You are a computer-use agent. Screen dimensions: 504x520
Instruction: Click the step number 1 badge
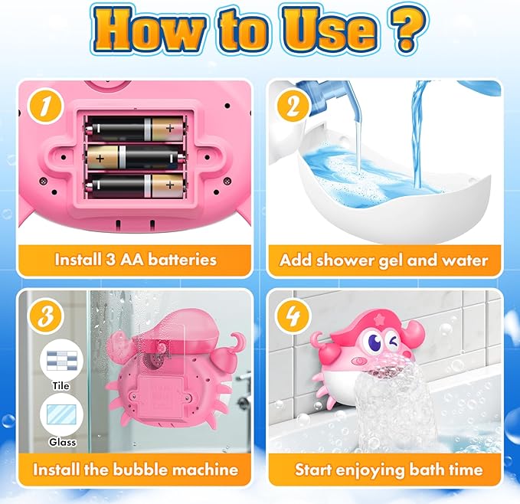point(44,107)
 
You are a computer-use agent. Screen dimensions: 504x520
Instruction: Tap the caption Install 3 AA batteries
point(136,260)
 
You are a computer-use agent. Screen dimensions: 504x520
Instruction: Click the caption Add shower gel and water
point(384,260)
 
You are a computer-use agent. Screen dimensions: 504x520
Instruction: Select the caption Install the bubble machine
point(136,469)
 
